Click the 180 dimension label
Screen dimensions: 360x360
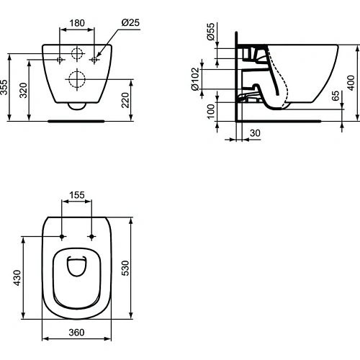coord(77,22)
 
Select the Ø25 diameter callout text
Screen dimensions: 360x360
coord(130,22)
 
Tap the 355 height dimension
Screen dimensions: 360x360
coord(6,89)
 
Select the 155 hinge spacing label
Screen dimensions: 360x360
coord(77,195)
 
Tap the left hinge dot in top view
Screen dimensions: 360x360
coord(63,236)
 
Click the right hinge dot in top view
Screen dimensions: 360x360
coord(92,236)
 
